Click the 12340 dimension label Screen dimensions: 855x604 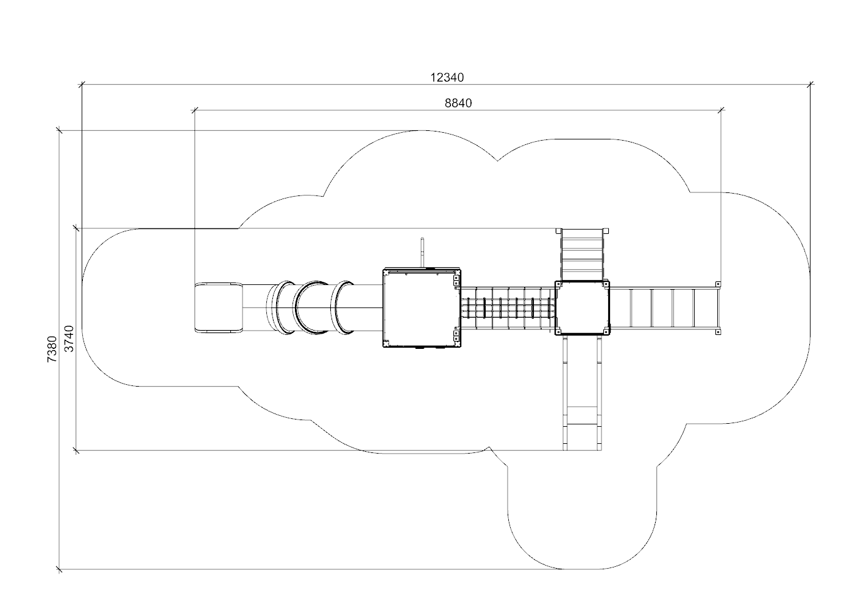click(x=447, y=77)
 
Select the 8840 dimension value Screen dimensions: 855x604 click(x=458, y=103)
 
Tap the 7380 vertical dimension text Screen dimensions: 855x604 click(x=52, y=349)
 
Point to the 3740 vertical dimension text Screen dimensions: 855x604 click(x=69, y=339)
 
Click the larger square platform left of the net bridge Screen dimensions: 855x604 click(x=422, y=307)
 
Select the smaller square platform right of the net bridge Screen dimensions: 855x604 click(x=582, y=307)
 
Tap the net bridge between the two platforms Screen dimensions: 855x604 click(x=508, y=307)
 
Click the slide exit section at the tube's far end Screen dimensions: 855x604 click(x=219, y=307)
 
